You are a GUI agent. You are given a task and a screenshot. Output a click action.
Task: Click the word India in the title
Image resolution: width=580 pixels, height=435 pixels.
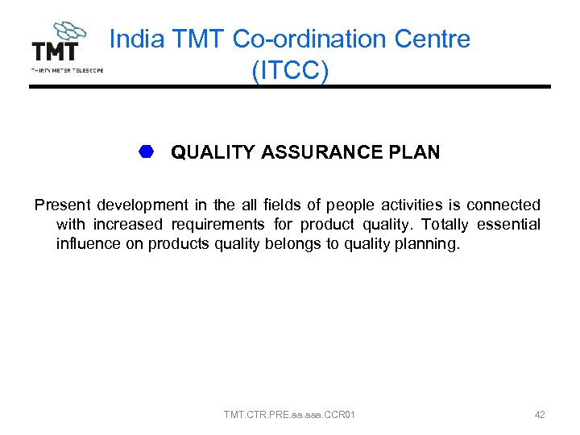pyautogui.click(x=135, y=39)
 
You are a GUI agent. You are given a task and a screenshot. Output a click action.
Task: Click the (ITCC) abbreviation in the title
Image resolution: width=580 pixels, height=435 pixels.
pyautogui.click(x=290, y=70)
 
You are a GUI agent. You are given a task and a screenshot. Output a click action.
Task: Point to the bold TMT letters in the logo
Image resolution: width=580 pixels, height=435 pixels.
pyautogui.click(x=55, y=52)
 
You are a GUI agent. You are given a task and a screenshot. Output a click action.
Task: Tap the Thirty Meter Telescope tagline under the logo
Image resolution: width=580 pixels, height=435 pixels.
pyautogui.click(x=67, y=70)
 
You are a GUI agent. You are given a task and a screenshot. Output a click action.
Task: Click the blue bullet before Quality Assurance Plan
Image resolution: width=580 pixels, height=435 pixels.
pyautogui.click(x=146, y=151)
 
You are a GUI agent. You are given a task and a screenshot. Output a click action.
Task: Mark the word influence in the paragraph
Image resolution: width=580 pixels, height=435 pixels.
pyautogui.click(x=86, y=244)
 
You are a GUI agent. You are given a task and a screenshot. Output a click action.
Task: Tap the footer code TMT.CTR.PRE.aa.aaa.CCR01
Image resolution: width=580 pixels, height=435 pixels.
pyautogui.click(x=290, y=415)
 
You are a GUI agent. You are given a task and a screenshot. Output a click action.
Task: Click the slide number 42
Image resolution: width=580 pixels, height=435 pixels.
pyautogui.click(x=540, y=415)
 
